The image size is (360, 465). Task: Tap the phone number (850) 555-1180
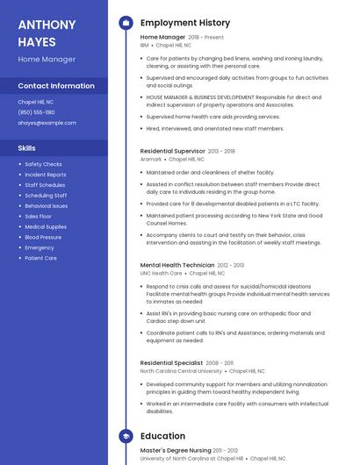36,112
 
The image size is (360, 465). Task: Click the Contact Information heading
56,86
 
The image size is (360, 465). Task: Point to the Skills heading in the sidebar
27,148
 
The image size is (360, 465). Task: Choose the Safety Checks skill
43,164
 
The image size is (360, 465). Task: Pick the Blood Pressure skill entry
43,237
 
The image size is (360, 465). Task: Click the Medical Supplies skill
46,226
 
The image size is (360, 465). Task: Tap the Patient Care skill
40,258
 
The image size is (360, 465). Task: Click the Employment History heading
185,23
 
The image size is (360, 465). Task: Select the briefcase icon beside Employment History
126,23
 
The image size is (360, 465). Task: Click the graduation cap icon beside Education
126,436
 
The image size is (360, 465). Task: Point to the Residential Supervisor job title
173,151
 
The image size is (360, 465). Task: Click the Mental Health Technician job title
177,265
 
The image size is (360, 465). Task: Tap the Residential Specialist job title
172,362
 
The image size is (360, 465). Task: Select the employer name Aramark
151,160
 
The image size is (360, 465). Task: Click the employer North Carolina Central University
181,371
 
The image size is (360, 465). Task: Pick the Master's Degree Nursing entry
175,450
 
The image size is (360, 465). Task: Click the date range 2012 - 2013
231,265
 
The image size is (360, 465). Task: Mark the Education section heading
162,436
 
